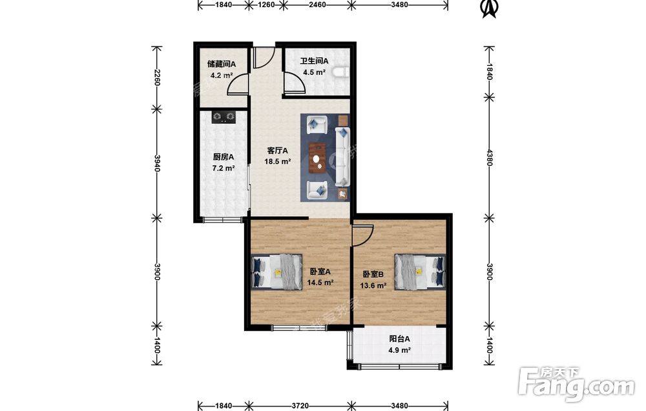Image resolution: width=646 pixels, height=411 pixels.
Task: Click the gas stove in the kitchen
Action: point(224,117)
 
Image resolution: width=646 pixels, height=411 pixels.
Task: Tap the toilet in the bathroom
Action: point(342,72)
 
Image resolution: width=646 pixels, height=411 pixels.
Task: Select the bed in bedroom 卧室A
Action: point(277,272)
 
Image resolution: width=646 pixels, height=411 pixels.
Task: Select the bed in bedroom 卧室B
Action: point(420,271)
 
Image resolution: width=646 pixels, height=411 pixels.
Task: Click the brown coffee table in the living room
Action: point(318,158)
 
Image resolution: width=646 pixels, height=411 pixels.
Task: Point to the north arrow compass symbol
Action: point(490,8)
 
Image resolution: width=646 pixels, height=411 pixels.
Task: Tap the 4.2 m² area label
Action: point(222,75)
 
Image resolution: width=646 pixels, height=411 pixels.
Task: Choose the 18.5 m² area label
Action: point(278,161)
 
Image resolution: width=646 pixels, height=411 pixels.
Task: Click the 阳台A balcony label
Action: point(400,339)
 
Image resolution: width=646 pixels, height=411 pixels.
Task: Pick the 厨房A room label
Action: point(224,157)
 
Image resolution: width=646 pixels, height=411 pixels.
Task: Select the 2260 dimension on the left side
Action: point(156,77)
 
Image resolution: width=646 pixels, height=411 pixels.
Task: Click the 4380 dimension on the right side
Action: point(490,157)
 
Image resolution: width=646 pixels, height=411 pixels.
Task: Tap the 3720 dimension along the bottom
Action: point(300,406)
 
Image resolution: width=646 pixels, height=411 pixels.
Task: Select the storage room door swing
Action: point(238,85)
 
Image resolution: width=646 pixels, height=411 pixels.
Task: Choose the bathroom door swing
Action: point(294,83)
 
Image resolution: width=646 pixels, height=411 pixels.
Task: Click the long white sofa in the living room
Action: point(342,156)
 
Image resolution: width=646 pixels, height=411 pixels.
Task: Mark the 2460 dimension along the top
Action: point(317,5)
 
